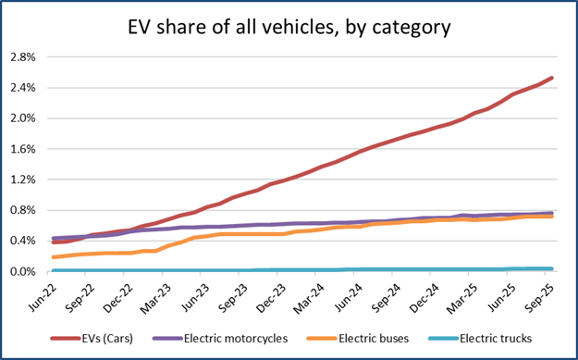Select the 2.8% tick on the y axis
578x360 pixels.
pyautogui.click(x=23, y=56)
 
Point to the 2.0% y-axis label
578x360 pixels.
pyautogui.click(x=23, y=118)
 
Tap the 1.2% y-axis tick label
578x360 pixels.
pyautogui.click(x=23, y=180)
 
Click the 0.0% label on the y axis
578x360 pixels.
pyautogui.click(x=23, y=271)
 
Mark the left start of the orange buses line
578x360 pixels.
pyautogui.click(x=54, y=257)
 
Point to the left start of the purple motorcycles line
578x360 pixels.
pyautogui.click(x=54, y=239)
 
